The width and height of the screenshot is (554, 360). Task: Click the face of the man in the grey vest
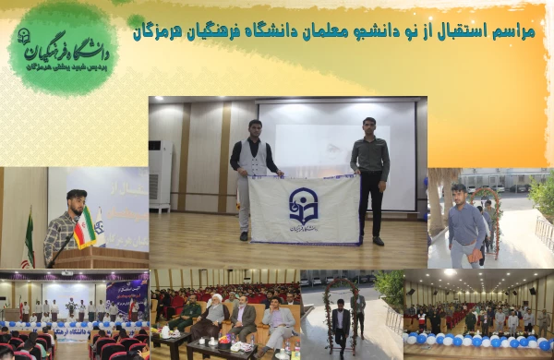point(252,127)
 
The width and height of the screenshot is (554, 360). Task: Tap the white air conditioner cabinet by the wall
point(160,175)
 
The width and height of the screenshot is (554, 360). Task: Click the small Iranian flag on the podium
point(85,228)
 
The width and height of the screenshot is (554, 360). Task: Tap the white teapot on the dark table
point(167,330)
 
